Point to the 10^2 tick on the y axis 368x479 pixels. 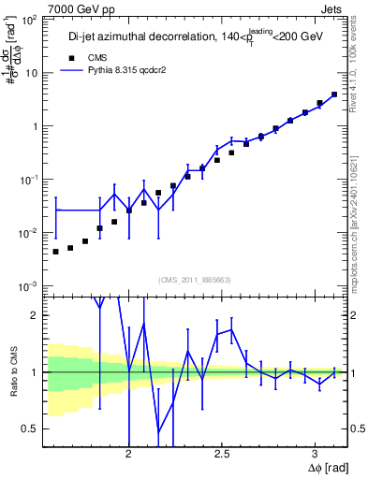coord(30,20)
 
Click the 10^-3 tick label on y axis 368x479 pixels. coord(30,285)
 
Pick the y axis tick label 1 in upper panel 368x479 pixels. coord(36,125)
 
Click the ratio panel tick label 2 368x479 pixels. coord(36,315)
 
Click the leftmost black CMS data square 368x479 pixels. coord(56,252)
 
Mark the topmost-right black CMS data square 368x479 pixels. coord(334,94)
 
